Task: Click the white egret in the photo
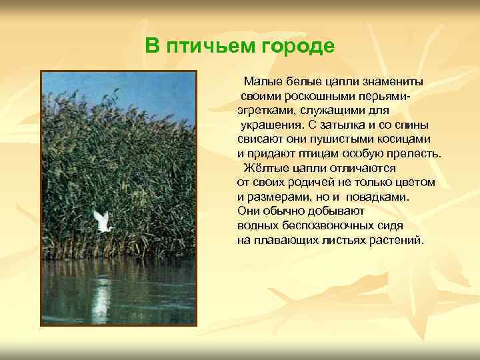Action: coord(101,221)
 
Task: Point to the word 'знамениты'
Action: coord(392,82)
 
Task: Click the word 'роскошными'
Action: coord(312,96)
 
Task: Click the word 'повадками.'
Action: coord(379,197)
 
